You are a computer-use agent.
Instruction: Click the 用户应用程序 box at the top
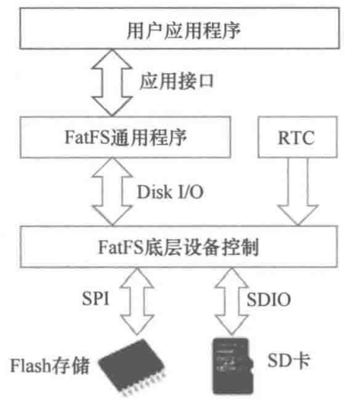180,28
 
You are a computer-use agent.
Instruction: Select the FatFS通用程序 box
125,137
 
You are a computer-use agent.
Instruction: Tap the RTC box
297,137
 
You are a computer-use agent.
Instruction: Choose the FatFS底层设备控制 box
179,247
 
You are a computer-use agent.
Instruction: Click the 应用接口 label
177,81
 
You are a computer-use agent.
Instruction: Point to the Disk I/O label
170,192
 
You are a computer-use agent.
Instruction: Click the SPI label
95,299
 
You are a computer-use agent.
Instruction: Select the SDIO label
268,299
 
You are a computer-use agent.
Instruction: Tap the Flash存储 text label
50,365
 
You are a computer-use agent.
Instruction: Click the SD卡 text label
289,361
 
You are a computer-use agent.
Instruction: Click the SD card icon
233,366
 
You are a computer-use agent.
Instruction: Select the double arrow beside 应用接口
112,83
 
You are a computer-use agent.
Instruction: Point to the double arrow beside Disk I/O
112,192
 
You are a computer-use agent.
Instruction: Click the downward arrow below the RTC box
297,192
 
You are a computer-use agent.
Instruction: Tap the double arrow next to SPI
137,302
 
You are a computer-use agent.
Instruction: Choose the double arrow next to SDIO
231,302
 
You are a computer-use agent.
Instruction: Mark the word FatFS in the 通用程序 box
88,137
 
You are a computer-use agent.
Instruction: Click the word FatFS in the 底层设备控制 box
121,247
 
